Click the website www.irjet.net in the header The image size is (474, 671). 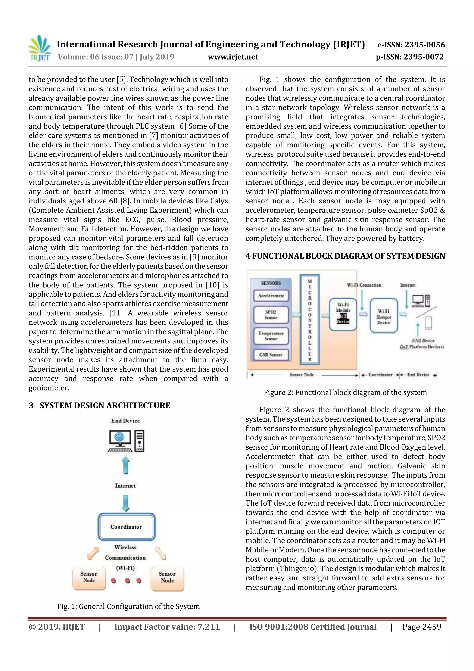(x=233, y=57)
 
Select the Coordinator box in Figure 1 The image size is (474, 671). (x=126, y=527)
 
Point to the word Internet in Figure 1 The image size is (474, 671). (x=125, y=485)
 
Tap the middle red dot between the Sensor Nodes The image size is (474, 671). (x=127, y=580)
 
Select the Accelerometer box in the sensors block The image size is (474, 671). (x=271, y=296)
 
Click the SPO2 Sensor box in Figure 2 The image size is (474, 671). (x=271, y=315)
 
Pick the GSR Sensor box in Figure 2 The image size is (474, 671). (x=271, y=355)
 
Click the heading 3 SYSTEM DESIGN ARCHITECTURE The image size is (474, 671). (x=99, y=405)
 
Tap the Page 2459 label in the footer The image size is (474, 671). (x=421, y=627)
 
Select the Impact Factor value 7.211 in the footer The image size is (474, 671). (x=167, y=627)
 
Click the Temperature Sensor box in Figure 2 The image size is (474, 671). (x=271, y=336)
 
